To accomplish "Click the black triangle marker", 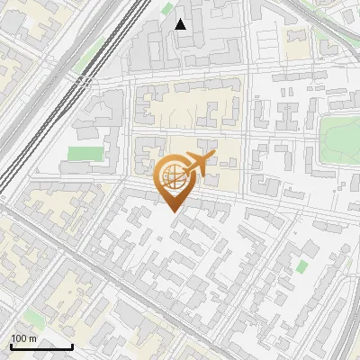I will [181, 24].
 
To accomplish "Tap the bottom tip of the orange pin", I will [174, 211].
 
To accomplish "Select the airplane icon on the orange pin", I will [197, 165].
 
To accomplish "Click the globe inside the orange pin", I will [172, 175].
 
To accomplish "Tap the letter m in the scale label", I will [32, 338].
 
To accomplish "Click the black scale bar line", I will [41, 346].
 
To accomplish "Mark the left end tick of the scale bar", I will [12, 345].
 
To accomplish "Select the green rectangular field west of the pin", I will [85, 154].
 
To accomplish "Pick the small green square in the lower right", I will [301, 267].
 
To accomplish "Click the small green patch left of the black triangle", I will [166, 8].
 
